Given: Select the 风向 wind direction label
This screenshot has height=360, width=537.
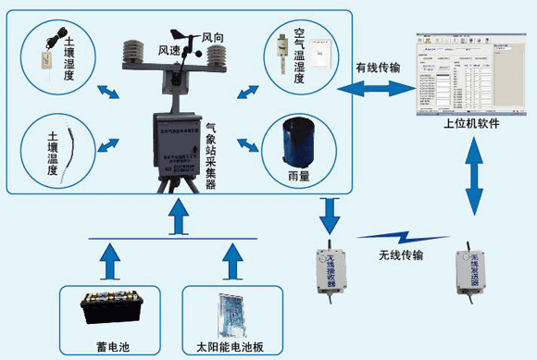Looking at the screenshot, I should tap(214, 38).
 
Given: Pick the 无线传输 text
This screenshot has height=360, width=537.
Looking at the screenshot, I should tap(401, 254).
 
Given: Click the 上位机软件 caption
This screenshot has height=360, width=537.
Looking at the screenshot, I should tap(472, 123).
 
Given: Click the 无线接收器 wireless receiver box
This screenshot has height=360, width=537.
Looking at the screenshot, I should tap(330, 267).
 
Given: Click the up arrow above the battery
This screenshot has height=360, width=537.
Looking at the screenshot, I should tap(113, 261).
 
